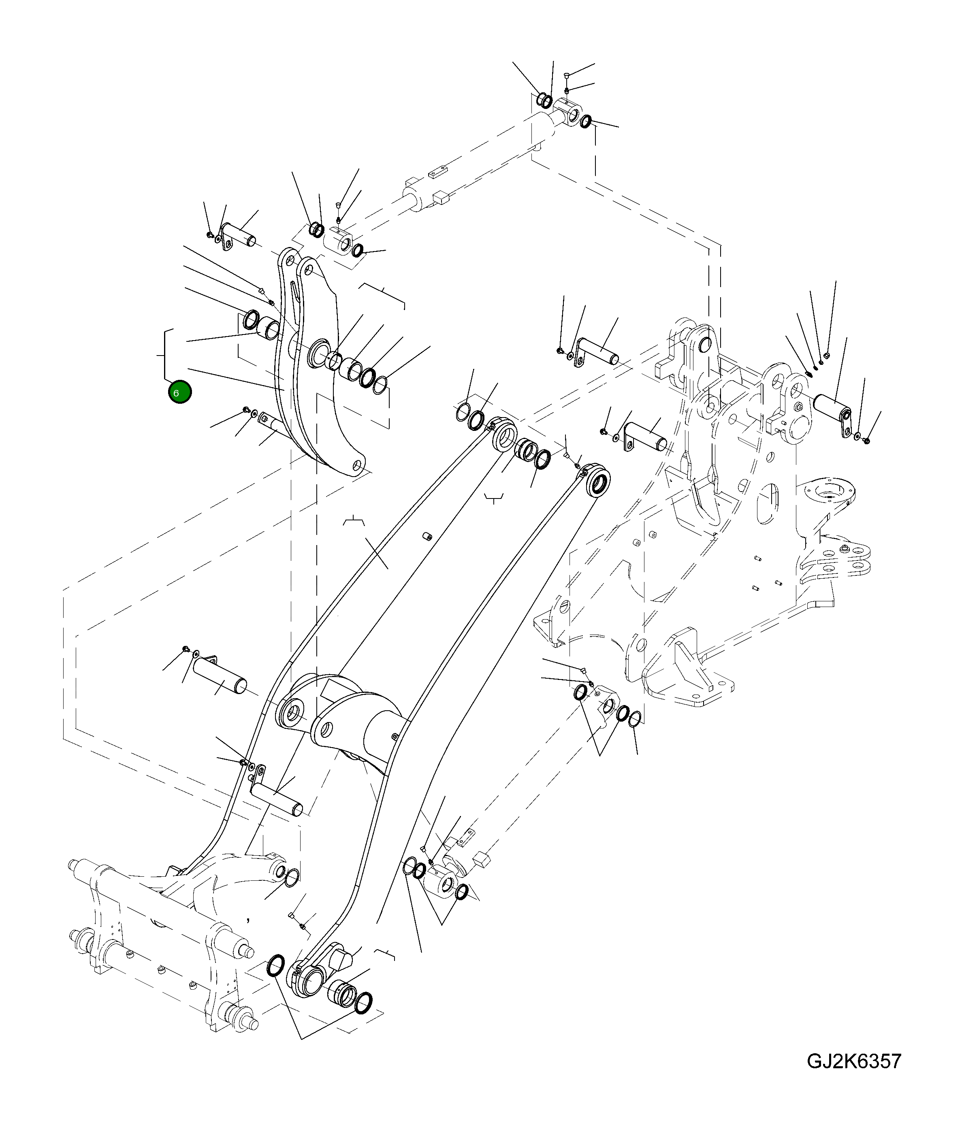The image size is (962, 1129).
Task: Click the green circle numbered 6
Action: [x=180, y=392]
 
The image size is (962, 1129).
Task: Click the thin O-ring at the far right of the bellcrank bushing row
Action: [x=380, y=385]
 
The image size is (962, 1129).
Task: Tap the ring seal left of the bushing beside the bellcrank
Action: [x=251, y=319]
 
